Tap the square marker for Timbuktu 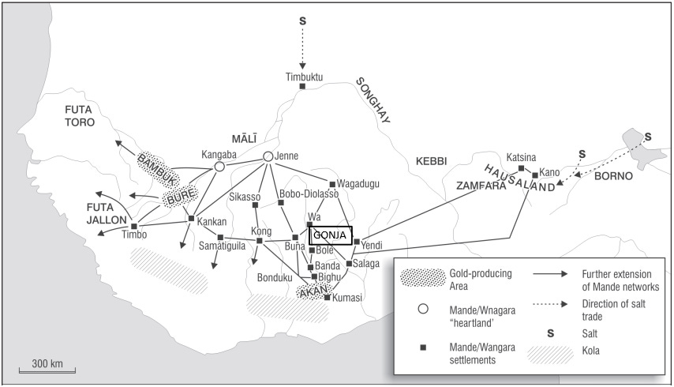point(303,85)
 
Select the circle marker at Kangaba point(219,167)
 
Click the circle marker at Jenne point(268,156)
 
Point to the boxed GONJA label point(330,235)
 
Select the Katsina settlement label point(521,156)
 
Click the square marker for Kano point(535,175)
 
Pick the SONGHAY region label point(373,100)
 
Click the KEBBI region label point(430,161)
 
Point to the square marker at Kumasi point(327,297)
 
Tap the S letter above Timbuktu point(302,20)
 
